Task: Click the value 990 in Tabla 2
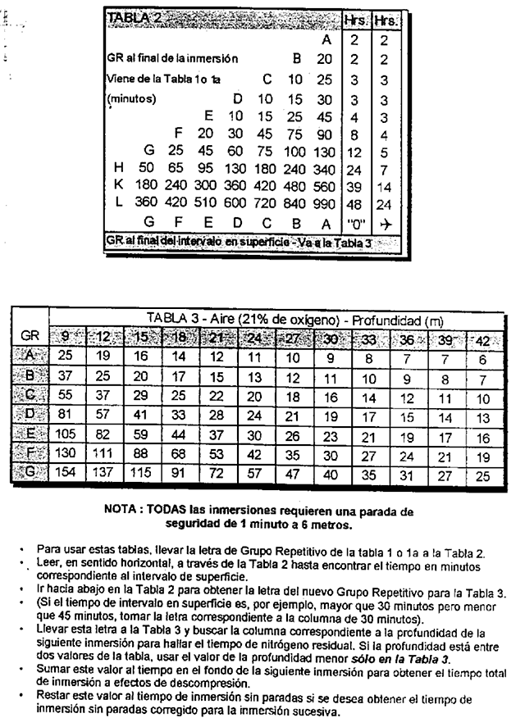pyautogui.click(x=325, y=202)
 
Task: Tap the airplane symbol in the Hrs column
pyautogui.click(x=386, y=222)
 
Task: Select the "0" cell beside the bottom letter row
pyautogui.click(x=355, y=222)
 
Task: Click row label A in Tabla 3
pyautogui.click(x=28, y=355)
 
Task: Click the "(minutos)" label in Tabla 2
pyautogui.click(x=131, y=99)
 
